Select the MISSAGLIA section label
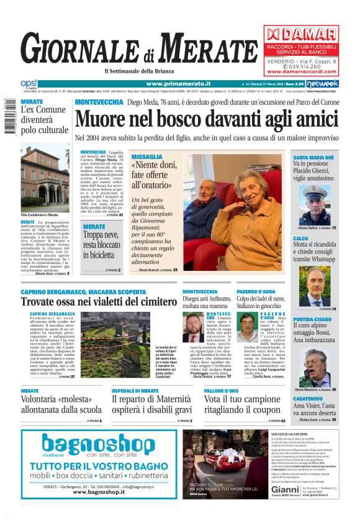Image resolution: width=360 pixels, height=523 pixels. [147, 157]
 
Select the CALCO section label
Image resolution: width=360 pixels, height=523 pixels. [300, 239]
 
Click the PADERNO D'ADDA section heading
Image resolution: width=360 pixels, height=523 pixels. [256, 291]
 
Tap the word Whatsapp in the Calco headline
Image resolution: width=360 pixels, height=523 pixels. [320, 260]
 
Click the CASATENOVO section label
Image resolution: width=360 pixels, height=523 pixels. [308, 398]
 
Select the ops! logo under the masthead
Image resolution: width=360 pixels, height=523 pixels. [29, 83]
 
